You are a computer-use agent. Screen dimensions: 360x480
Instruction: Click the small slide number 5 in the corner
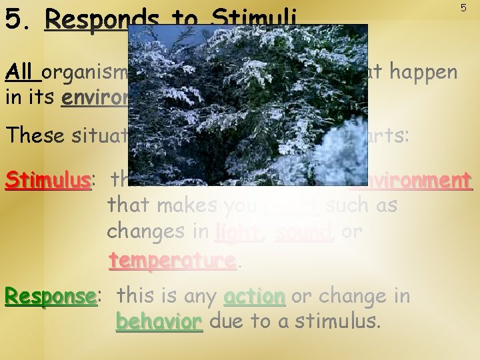463,7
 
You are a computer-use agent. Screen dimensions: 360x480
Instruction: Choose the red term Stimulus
47,180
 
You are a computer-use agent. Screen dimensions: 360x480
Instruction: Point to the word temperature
173,259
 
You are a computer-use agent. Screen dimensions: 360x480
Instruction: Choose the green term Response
51,295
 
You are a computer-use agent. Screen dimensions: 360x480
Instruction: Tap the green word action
255,295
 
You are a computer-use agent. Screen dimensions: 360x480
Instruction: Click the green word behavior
159,322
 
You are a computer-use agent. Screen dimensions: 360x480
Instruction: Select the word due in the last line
225,322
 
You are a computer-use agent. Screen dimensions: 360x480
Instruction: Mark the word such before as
349,206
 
